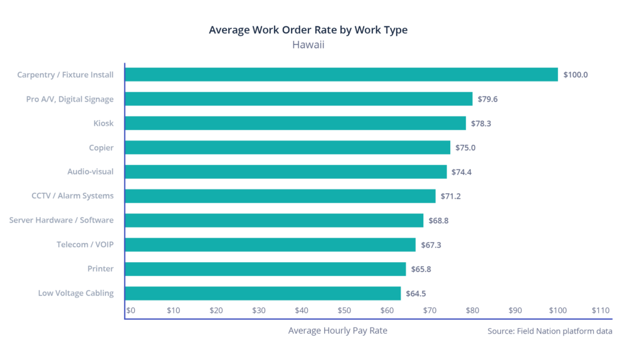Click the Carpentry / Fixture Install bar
click(x=342, y=75)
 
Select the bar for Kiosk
click(x=295, y=123)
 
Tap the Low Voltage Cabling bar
click(x=263, y=294)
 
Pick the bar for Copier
click(x=288, y=147)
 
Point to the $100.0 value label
click(x=575, y=75)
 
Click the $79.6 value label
click(x=487, y=99)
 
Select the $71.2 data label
click(x=450, y=196)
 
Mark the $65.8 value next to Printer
click(x=421, y=269)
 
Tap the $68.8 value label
click(x=438, y=221)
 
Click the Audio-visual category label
click(x=90, y=172)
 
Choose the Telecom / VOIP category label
click(x=85, y=245)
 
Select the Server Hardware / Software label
click(x=61, y=220)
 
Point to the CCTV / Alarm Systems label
click(x=73, y=196)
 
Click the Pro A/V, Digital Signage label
click(x=70, y=99)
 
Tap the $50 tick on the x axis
click(x=344, y=310)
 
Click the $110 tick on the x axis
click(x=600, y=310)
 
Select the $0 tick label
click(x=131, y=310)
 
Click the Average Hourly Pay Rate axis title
click(x=337, y=331)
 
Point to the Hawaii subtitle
click(x=308, y=45)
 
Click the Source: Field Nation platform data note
click(x=549, y=331)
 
